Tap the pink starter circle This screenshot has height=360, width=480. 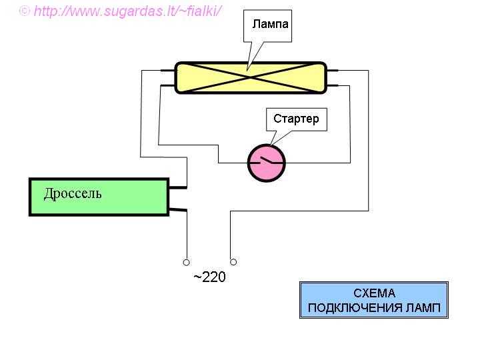[266, 162]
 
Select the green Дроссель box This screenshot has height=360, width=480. [99, 197]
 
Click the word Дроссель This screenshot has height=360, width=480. [73, 194]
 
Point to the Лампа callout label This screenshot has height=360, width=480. [271, 25]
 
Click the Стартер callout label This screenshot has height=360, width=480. [296, 119]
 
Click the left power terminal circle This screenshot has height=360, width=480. [187, 262]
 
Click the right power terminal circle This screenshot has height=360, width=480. [233, 262]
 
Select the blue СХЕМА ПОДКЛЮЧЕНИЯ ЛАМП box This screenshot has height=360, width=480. [373, 301]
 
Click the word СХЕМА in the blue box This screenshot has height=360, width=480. [374, 293]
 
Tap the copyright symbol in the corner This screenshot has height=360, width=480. [25, 11]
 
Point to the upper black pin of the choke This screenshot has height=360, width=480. [177, 187]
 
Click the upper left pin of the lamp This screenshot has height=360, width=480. [168, 69]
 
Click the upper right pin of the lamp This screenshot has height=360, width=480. [333, 69]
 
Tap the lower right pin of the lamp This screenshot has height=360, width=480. [333, 85]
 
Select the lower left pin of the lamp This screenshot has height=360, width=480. [168, 85]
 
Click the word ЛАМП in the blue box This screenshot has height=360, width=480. [425, 309]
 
